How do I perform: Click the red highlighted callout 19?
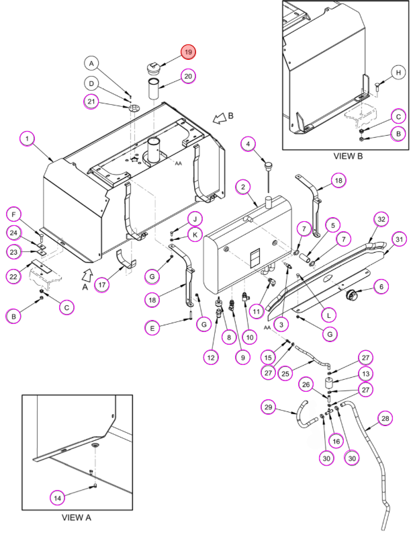[x=188, y=52]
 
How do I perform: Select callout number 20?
[x=188, y=76]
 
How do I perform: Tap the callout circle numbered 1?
[x=28, y=138]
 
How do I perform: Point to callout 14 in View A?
[x=57, y=498]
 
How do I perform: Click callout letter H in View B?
[x=398, y=73]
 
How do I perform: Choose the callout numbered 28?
[x=385, y=418]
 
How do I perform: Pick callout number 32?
[x=381, y=219]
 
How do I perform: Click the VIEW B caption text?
[x=348, y=157]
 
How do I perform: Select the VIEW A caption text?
[x=77, y=518]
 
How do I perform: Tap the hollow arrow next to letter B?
[x=220, y=118]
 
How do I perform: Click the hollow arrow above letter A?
[x=88, y=275]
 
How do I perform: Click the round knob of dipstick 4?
[x=269, y=166]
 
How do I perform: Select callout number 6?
[x=381, y=287]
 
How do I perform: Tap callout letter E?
[x=152, y=328]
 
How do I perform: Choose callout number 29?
[x=269, y=407]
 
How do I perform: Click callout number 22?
[x=13, y=277]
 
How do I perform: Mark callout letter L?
[x=329, y=315]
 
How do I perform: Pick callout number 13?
[x=365, y=374]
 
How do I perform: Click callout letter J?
[x=195, y=219]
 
